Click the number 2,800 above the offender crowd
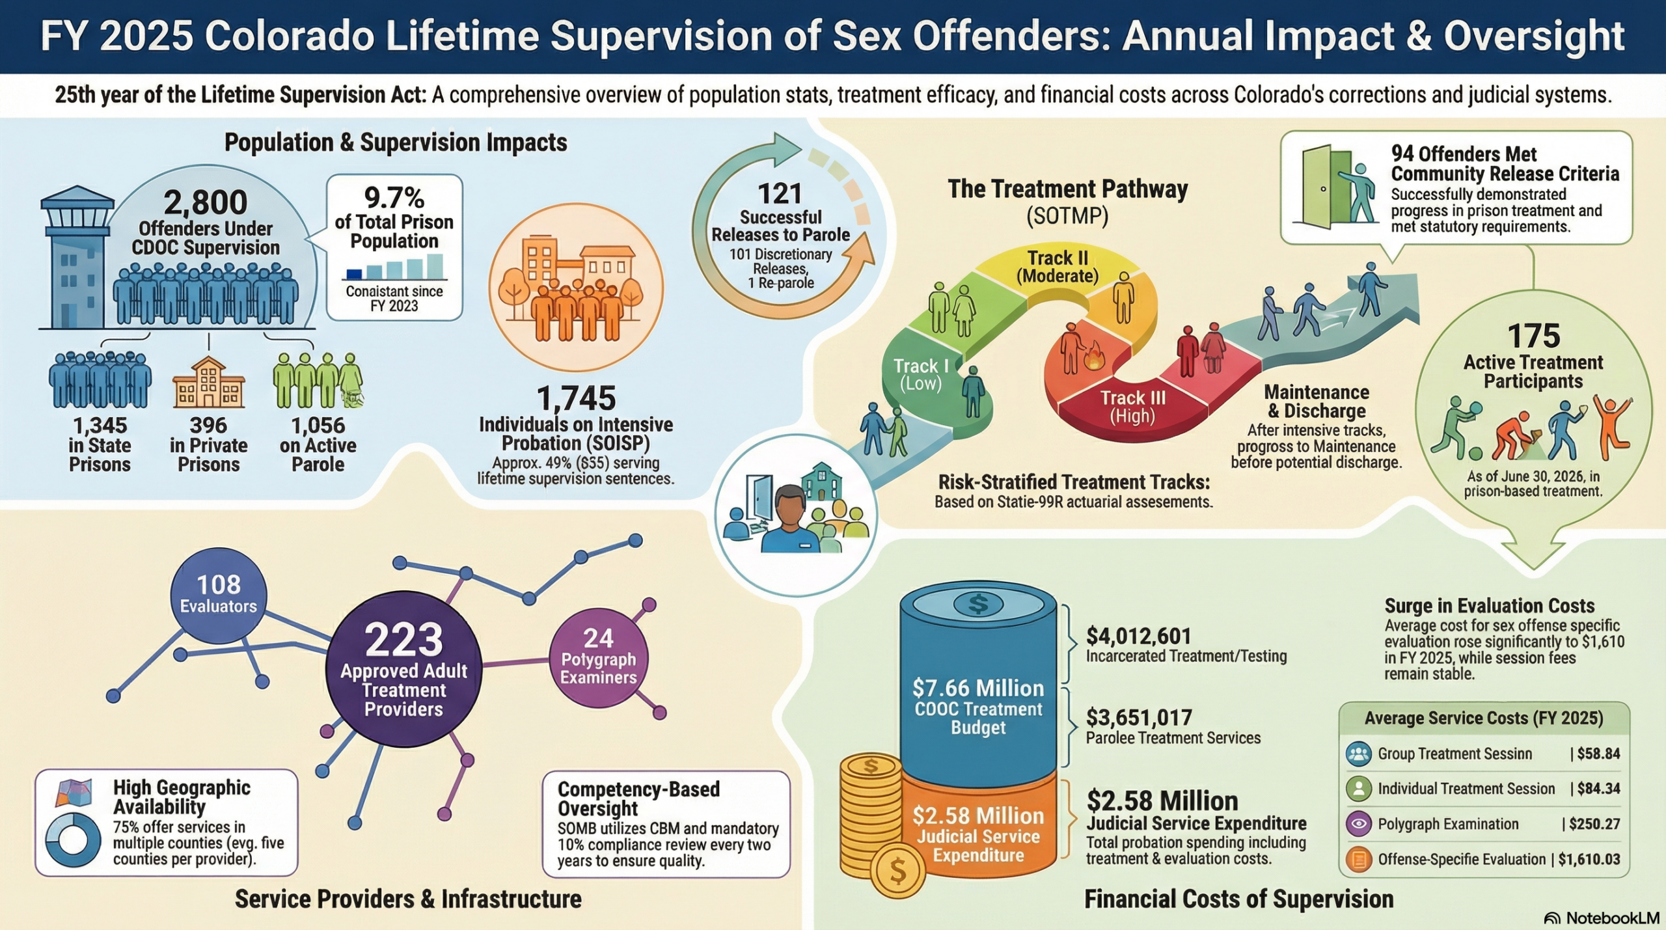(205, 202)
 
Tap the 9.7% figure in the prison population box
(394, 197)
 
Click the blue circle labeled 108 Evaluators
(219, 594)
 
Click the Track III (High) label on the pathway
(1132, 406)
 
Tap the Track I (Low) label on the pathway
(920, 374)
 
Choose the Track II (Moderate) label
(1058, 267)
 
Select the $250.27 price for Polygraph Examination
(1594, 824)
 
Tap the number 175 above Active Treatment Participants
(1533, 336)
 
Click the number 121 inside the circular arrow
(780, 193)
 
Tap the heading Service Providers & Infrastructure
(408, 899)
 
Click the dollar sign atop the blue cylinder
(977, 604)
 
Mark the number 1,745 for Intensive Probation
(576, 398)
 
